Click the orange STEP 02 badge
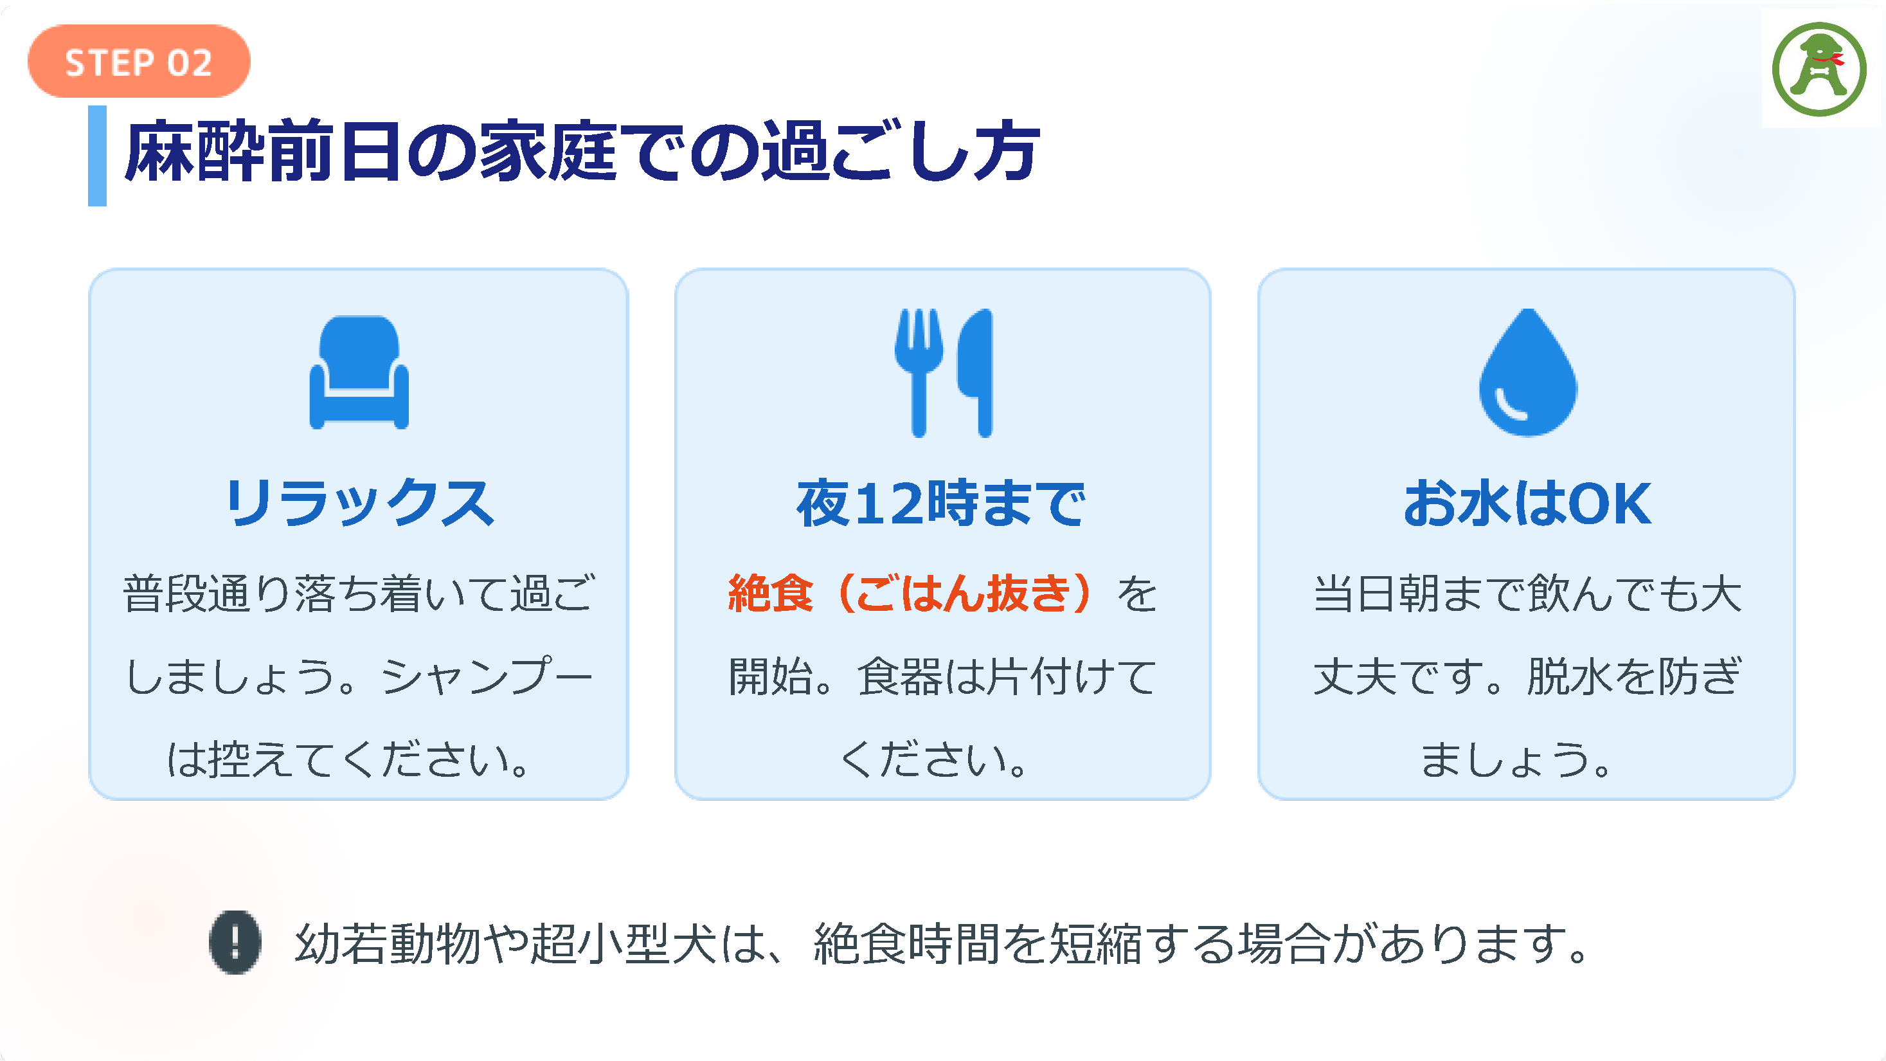coord(139,62)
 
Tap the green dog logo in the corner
coord(1819,69)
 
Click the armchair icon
coord(359,372)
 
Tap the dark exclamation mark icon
coord(235,943)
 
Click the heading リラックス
coord(359,503)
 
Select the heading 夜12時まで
coord(942,503)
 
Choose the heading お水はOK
coord(1527,503)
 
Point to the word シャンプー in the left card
coord(487,676)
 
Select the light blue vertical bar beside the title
coord(97,156)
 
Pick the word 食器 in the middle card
coord(900,676)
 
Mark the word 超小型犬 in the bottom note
coord(623,943)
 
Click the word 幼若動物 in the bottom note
coord(388,943)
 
